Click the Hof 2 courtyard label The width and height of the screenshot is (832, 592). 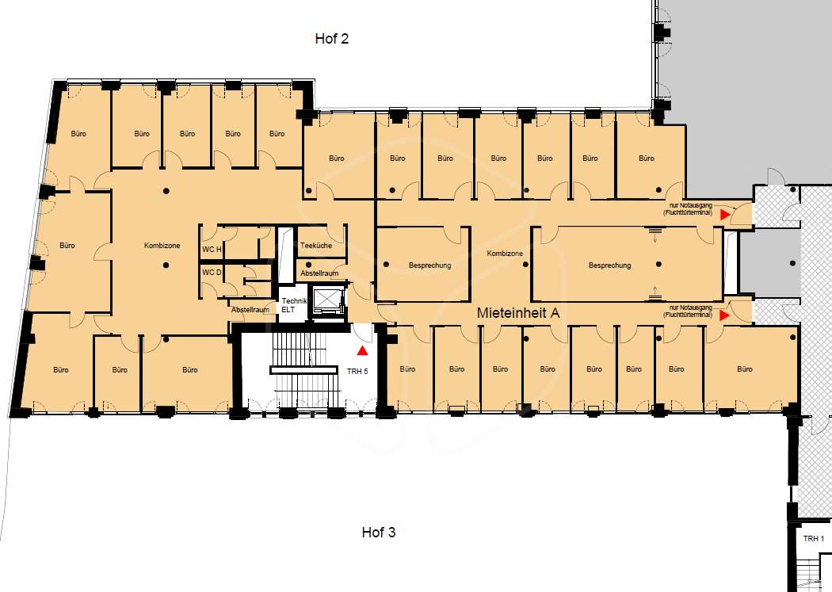point(332,38)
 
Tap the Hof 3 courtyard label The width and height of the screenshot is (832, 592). point(378,532)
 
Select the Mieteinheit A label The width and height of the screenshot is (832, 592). point(518,313)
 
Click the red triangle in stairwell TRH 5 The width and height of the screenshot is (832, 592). point(362,350)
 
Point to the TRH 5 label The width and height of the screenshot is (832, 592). point(357,372)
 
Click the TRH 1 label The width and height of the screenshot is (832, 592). point(814,538)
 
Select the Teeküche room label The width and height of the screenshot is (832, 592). point(315,246)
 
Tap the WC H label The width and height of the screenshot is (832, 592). point(212,250)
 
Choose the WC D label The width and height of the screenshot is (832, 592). point(212,272)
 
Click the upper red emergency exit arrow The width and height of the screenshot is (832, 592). point(724,214)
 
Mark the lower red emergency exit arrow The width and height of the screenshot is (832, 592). point(724,315)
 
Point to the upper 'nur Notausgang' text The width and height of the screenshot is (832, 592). point(690,205)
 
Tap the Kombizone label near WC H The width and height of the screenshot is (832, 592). point(162,246)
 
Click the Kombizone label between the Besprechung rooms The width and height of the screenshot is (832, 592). point(505,254)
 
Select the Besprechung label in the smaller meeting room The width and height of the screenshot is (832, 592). point(429,265)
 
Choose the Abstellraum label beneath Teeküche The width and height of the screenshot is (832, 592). point(319,273)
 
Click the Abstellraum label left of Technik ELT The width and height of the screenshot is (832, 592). point(250,309)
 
